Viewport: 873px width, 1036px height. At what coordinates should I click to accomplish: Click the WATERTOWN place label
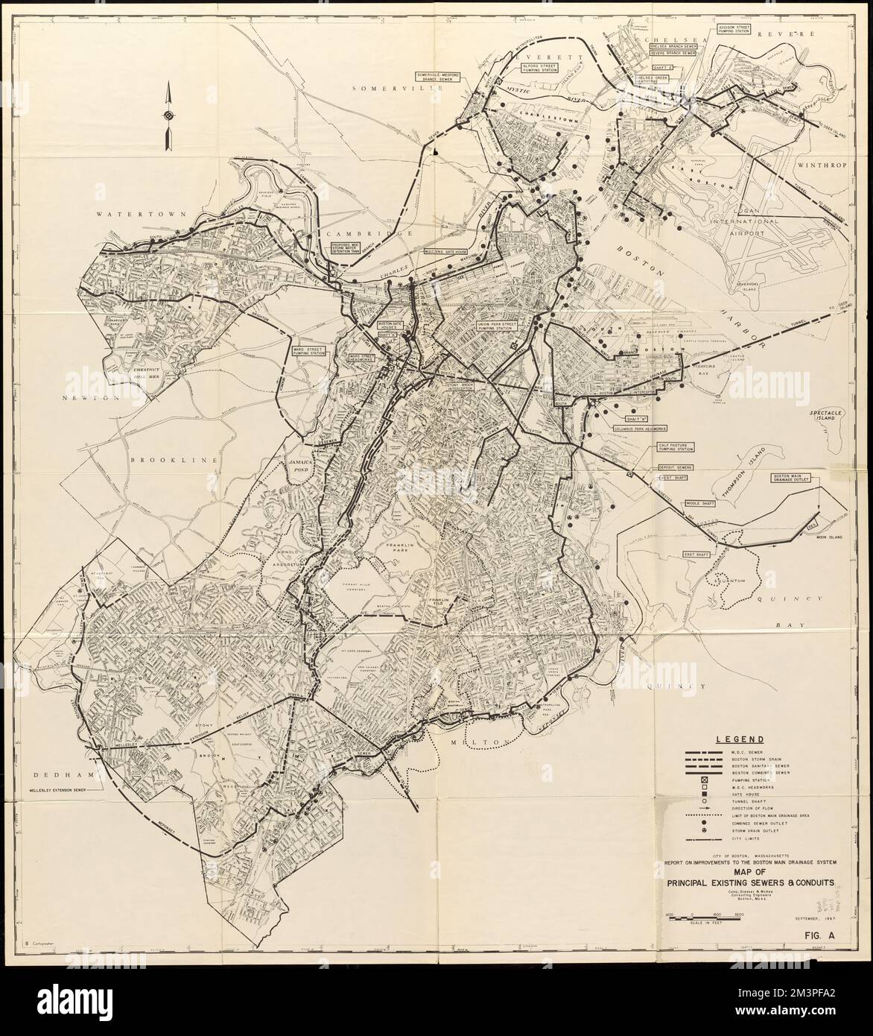pyautogui.click(x=124, y=214)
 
